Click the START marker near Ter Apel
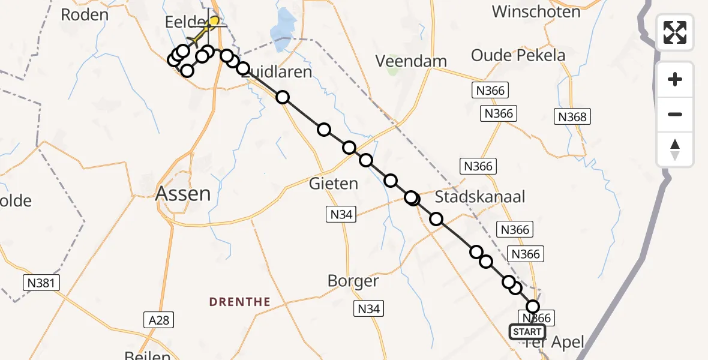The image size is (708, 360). pyautogui.click(x=527, y=332)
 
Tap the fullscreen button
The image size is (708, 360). pyautogui.click(x=675, y=32)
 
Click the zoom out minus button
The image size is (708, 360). pyautogui.click(x=675, y=114)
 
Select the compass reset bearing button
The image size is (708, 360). pyautogui.click(x=675, y=149)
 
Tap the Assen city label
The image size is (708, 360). pyautogui.click(x=183, y=194)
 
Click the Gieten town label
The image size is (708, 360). pyautogui.click(x=334, y=183)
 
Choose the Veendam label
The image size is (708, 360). pyautogui.click(x=411, y=61)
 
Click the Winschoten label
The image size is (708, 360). pyautogui.click(x=536, y=11)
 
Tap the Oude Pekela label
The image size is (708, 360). pyautogui.click(x=518, y=56)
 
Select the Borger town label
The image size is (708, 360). pyautogui.click(x=353, y=281)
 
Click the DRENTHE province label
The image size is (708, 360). pyautogui.click(x=240, y=302)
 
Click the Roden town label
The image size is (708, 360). pyautogui.click(x=85, y=15)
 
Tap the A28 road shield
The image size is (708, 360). pyautogui.click(x=158, y=321)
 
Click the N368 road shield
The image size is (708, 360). pyautogui.click(x=572, y=116)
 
